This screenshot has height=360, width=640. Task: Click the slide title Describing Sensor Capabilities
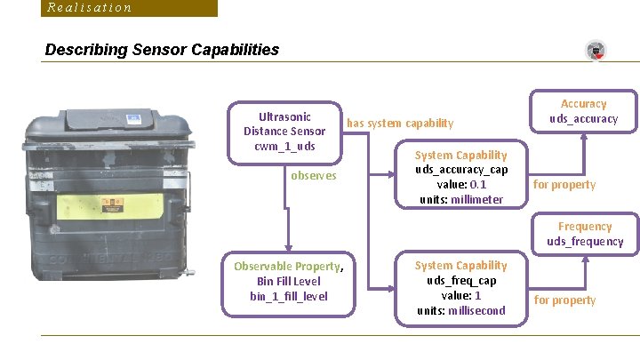pyautogui.click(x=162, y=50)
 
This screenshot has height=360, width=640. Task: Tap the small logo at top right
pyautogui.click(x=596, y=51)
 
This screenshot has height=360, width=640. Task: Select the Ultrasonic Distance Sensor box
pyautogui.click(x=284, y=132)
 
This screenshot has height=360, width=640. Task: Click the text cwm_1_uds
pyautogui.click(x=284, y=146)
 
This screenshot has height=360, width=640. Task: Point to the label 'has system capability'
pyautogui.click(x=400, y=123)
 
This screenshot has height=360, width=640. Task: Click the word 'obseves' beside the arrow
pyautogui.click(x=314, y=175)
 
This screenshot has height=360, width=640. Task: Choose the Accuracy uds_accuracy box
pyautogui.click(x=583, y=111)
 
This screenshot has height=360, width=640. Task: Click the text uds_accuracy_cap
pyautogui.click(x=460, y=170)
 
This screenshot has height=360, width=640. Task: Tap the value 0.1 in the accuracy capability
pyautogui.click(x=477, y=184)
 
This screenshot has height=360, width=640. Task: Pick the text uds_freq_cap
pyautogui.click(x=460, y=280)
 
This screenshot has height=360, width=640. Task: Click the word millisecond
pyautogui.click(x=474, y=310)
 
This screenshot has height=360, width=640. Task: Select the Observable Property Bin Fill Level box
pyautogui.click(x=288, y=280)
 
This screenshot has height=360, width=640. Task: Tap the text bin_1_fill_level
pyautogui.click(x=288, y=296)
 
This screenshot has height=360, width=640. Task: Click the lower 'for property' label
pyautogui.click(x=564, y=300)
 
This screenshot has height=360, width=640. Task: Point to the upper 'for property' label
pyautogui.click(x=564, y=185)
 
